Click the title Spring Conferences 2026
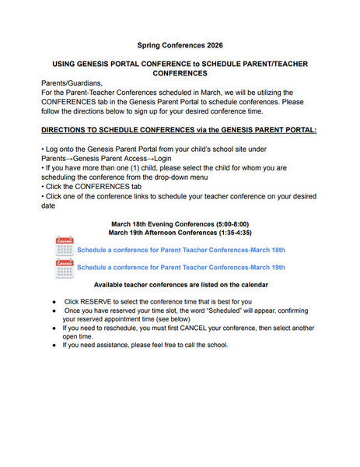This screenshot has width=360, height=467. click(180, 46)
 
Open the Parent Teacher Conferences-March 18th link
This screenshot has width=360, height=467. click(181, 250)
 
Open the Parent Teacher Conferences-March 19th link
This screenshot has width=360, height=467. click(181, 267)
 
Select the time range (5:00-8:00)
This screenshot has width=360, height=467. click(228, 224)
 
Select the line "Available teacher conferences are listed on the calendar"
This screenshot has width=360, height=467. click(180, 286)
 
